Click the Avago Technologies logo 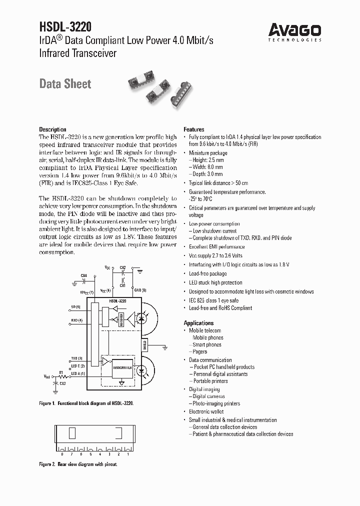click(295, 31)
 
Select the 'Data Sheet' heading click(65, 84)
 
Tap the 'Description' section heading click(52, 129)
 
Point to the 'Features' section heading click(194, 129)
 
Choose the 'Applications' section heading click(199, 323)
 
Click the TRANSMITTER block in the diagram click(122, 367)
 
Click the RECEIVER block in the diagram click(121, 318)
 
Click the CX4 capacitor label click(83, 275)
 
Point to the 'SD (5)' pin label click(75, 306)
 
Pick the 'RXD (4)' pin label click(76, 320)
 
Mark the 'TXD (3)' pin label click(76, 358)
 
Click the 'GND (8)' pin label click(140, 290)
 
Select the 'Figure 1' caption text click(86, 402)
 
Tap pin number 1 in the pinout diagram click(128, 454)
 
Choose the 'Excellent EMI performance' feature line click(217, 247)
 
